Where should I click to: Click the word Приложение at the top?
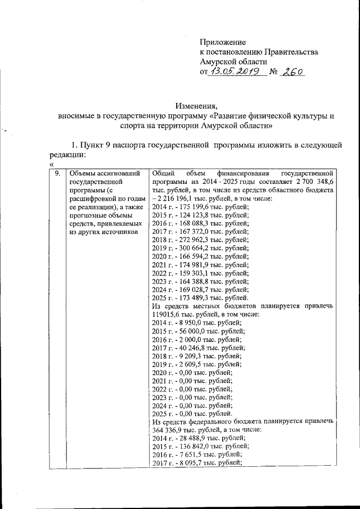coord(223,42)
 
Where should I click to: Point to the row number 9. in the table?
coord(57,173)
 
